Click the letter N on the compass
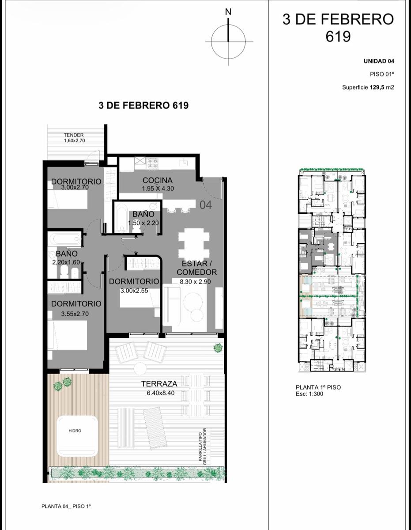[x=228, y=12]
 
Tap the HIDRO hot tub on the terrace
[x=78, y=431]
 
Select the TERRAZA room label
[x=159, y=384]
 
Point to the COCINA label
[x=158, y=180]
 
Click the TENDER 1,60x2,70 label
[x=74, y=137]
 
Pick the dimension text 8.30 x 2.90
[x=195, y=281]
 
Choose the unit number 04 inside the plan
[x=206, y=205]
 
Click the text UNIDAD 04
[x=379, y=61]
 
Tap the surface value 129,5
[x=377, y=87]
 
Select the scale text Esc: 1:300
[x=309, y=394]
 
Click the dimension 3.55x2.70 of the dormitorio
[x=75, y=314]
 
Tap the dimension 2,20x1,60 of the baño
[x=66, y=262]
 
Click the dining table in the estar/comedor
[x=194, y=242]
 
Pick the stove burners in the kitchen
[x=152, y=163]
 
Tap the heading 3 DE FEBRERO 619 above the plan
[x=143, y=106]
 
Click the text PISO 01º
[x=382, y=74]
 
